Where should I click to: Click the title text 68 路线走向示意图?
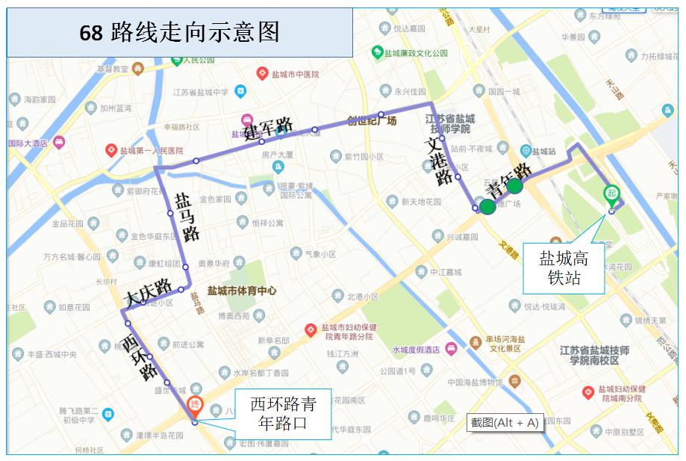coord(179,32)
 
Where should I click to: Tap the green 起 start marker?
coord(611,194)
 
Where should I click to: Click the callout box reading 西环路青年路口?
coord(283,415)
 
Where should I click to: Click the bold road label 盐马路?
coord(187,216)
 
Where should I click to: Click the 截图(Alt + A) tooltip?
coord(505,422)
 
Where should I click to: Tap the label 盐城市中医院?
coord(293,74)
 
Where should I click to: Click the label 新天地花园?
coord(421,202)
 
